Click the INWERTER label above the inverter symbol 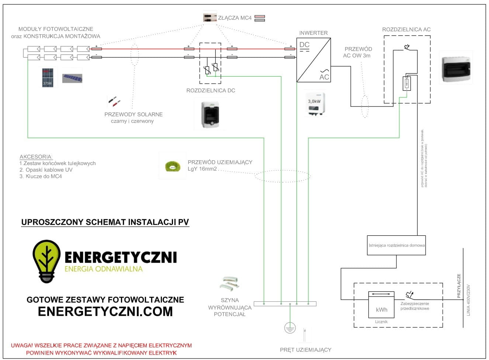point(313,33)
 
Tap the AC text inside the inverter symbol point(324,77)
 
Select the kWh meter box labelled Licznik point(381,305)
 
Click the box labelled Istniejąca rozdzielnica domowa point(396,245)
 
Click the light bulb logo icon point(46,261)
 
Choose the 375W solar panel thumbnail point(49,77)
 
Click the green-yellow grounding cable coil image point(172,166)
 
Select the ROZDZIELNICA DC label point(211,90)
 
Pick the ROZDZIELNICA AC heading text point(406,29)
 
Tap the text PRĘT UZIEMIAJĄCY point(305,350)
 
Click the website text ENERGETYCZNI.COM point(105,311)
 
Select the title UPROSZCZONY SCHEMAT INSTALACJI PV point(105,222)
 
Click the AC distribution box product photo point(456,69)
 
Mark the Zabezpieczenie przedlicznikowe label point(415,306)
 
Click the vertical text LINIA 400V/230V point(468,300)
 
